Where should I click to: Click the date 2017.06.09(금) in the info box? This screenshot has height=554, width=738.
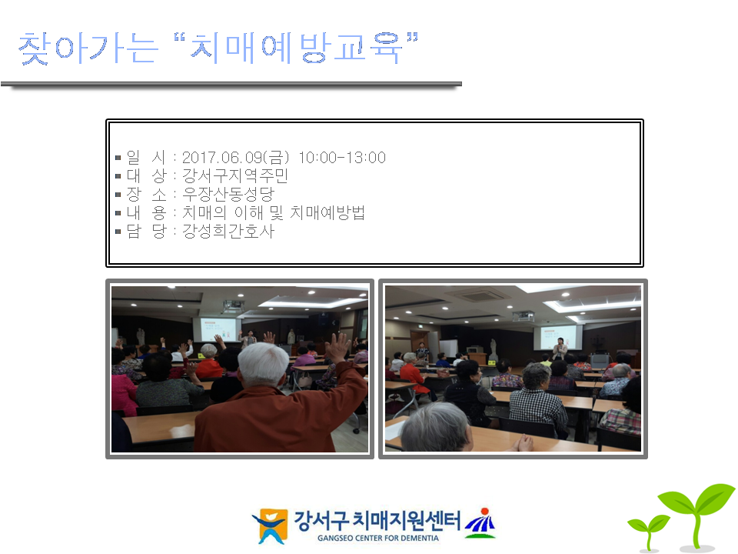pos(235,157)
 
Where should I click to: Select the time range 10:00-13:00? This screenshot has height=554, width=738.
pos(342,157)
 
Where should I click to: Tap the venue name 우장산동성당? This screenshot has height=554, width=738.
pos(228,194)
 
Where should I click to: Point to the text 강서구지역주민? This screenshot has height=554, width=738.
pos(235,175)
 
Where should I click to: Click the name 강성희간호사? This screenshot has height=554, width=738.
pos(228,231)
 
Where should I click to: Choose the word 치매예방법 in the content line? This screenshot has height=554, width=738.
pos(327,212)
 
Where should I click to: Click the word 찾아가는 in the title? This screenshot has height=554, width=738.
pos(88,48)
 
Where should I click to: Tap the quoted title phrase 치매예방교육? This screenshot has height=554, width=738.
pos(296,48)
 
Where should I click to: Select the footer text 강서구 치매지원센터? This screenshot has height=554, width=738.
pos(377,521)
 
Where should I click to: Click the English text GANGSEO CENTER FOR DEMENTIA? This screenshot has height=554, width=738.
pos(378,538)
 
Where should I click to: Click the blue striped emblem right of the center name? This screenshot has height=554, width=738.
pos(480,523)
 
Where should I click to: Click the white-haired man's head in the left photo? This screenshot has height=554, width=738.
pos(263,364)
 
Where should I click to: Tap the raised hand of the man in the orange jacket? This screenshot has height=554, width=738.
pos(337,347)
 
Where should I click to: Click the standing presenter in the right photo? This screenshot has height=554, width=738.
pos(560,349)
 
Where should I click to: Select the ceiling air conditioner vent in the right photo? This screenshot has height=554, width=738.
pos(479,296)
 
